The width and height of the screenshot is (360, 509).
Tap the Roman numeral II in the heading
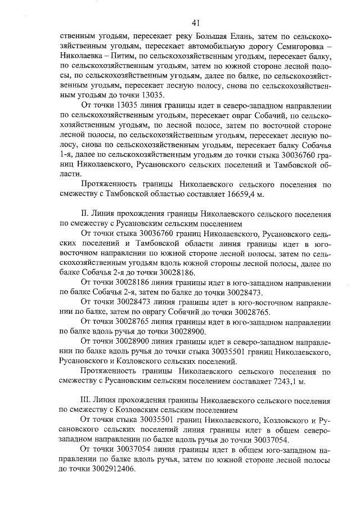tap(85, 215)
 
